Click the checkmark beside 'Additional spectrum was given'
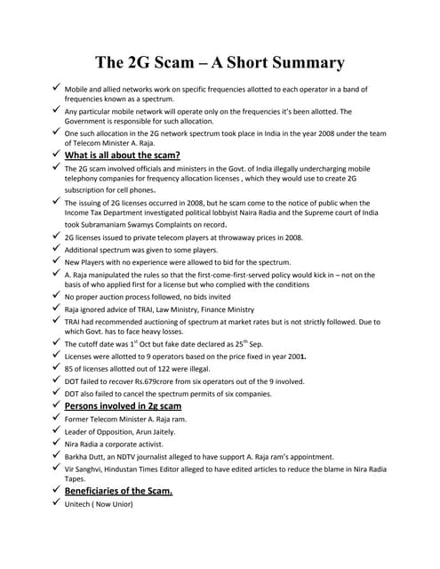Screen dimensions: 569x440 (x=55, y=250)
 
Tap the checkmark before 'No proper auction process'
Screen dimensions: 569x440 (x=55, y=295)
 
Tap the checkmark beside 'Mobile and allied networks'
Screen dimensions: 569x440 (x=55, y=89)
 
